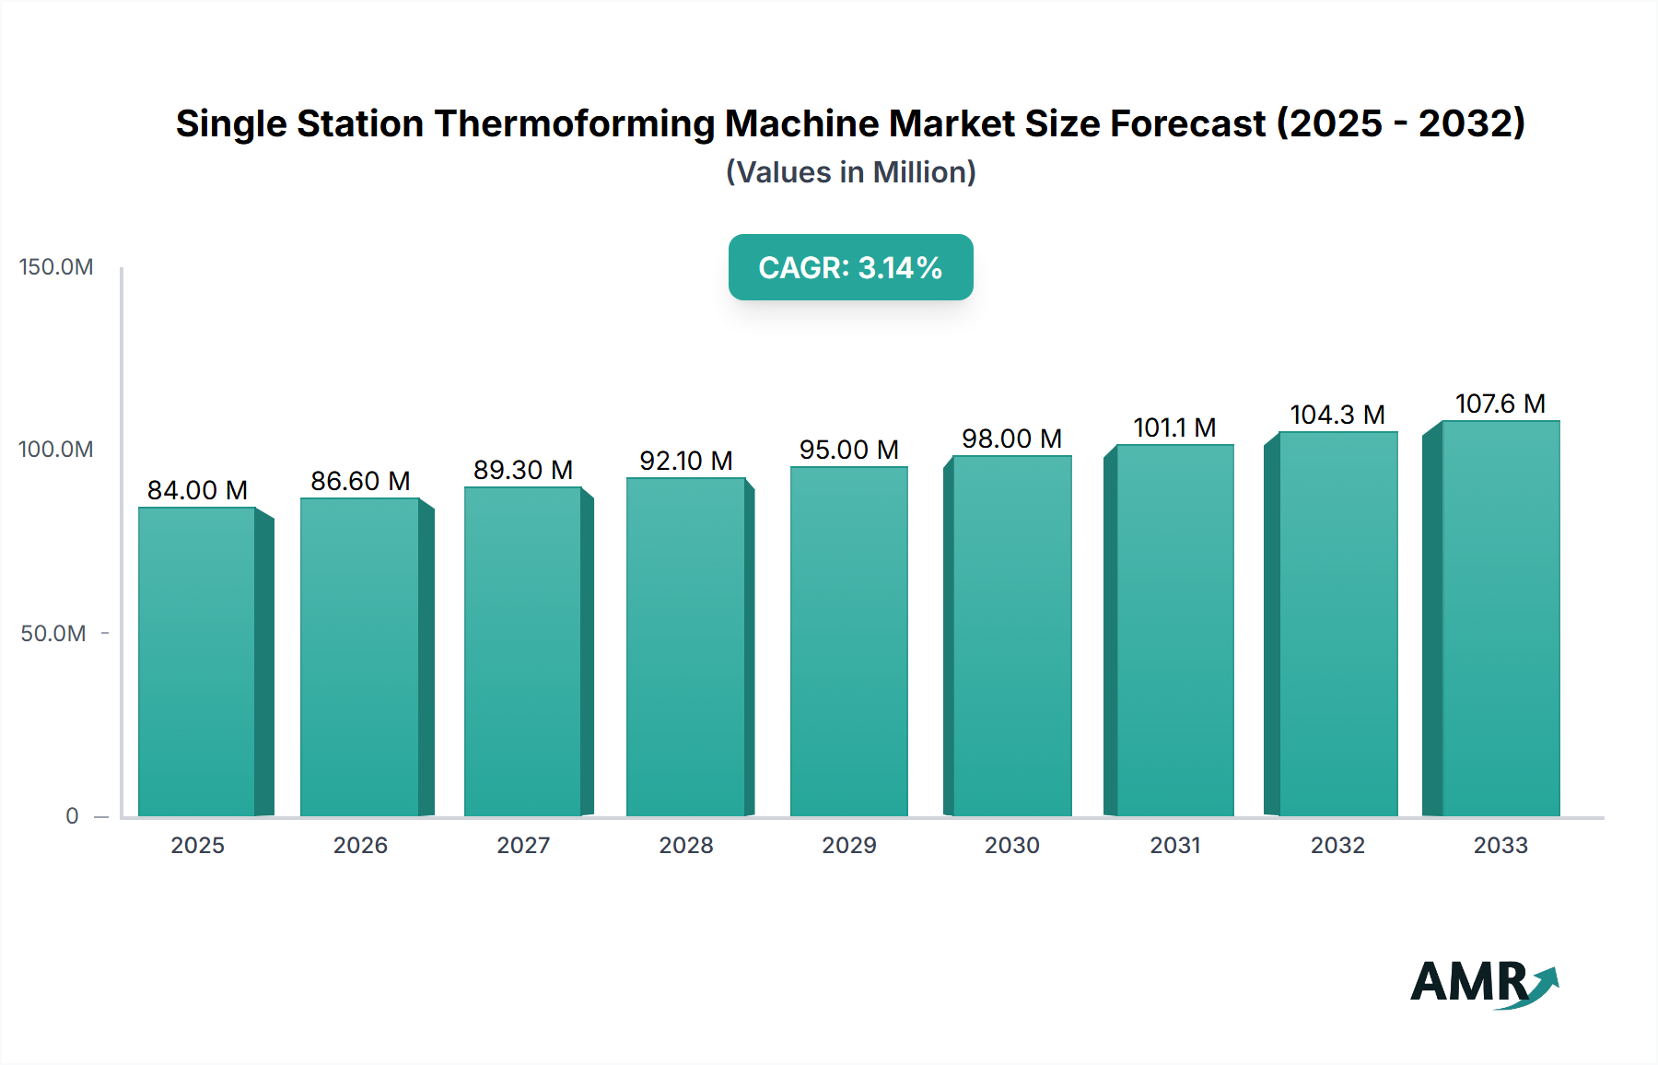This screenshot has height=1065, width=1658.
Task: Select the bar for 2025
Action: (x=197, y=661)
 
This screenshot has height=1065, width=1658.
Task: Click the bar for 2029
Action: (x=848, y=641)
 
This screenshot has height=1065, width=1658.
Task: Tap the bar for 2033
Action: (x=1500, y=618)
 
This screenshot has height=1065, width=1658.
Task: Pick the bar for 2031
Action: (x=1174, y=630)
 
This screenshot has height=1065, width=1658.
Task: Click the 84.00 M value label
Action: (x=197, y=490)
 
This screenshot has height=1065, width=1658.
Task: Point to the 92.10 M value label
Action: (x=686, y=461)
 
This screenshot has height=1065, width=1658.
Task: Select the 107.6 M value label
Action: (x=1500, y=404)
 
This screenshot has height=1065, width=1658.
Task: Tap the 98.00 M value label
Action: (x=1011, y=439)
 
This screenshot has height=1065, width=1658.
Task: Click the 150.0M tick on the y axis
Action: (x=56, y=267)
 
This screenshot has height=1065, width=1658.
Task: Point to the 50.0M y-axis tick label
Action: (x=53, y=634)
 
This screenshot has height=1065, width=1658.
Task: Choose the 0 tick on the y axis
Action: (x=72, y=816)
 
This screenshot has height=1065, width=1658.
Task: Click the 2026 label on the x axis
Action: (x=360, y=846)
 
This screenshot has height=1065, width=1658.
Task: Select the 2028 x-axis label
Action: (x=686, y=846)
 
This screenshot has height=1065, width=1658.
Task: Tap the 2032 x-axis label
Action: (x=1337, y=846)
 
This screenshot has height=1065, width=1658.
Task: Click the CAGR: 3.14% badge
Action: (x=850, y=267)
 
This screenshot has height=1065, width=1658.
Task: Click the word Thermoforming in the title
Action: (x=573, y=123)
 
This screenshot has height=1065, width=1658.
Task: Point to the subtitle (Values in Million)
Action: (x=850, y=172)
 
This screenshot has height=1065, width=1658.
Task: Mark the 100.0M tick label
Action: (x=56, y=450)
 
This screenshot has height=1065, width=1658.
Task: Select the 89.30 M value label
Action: (x=523, y=470)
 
